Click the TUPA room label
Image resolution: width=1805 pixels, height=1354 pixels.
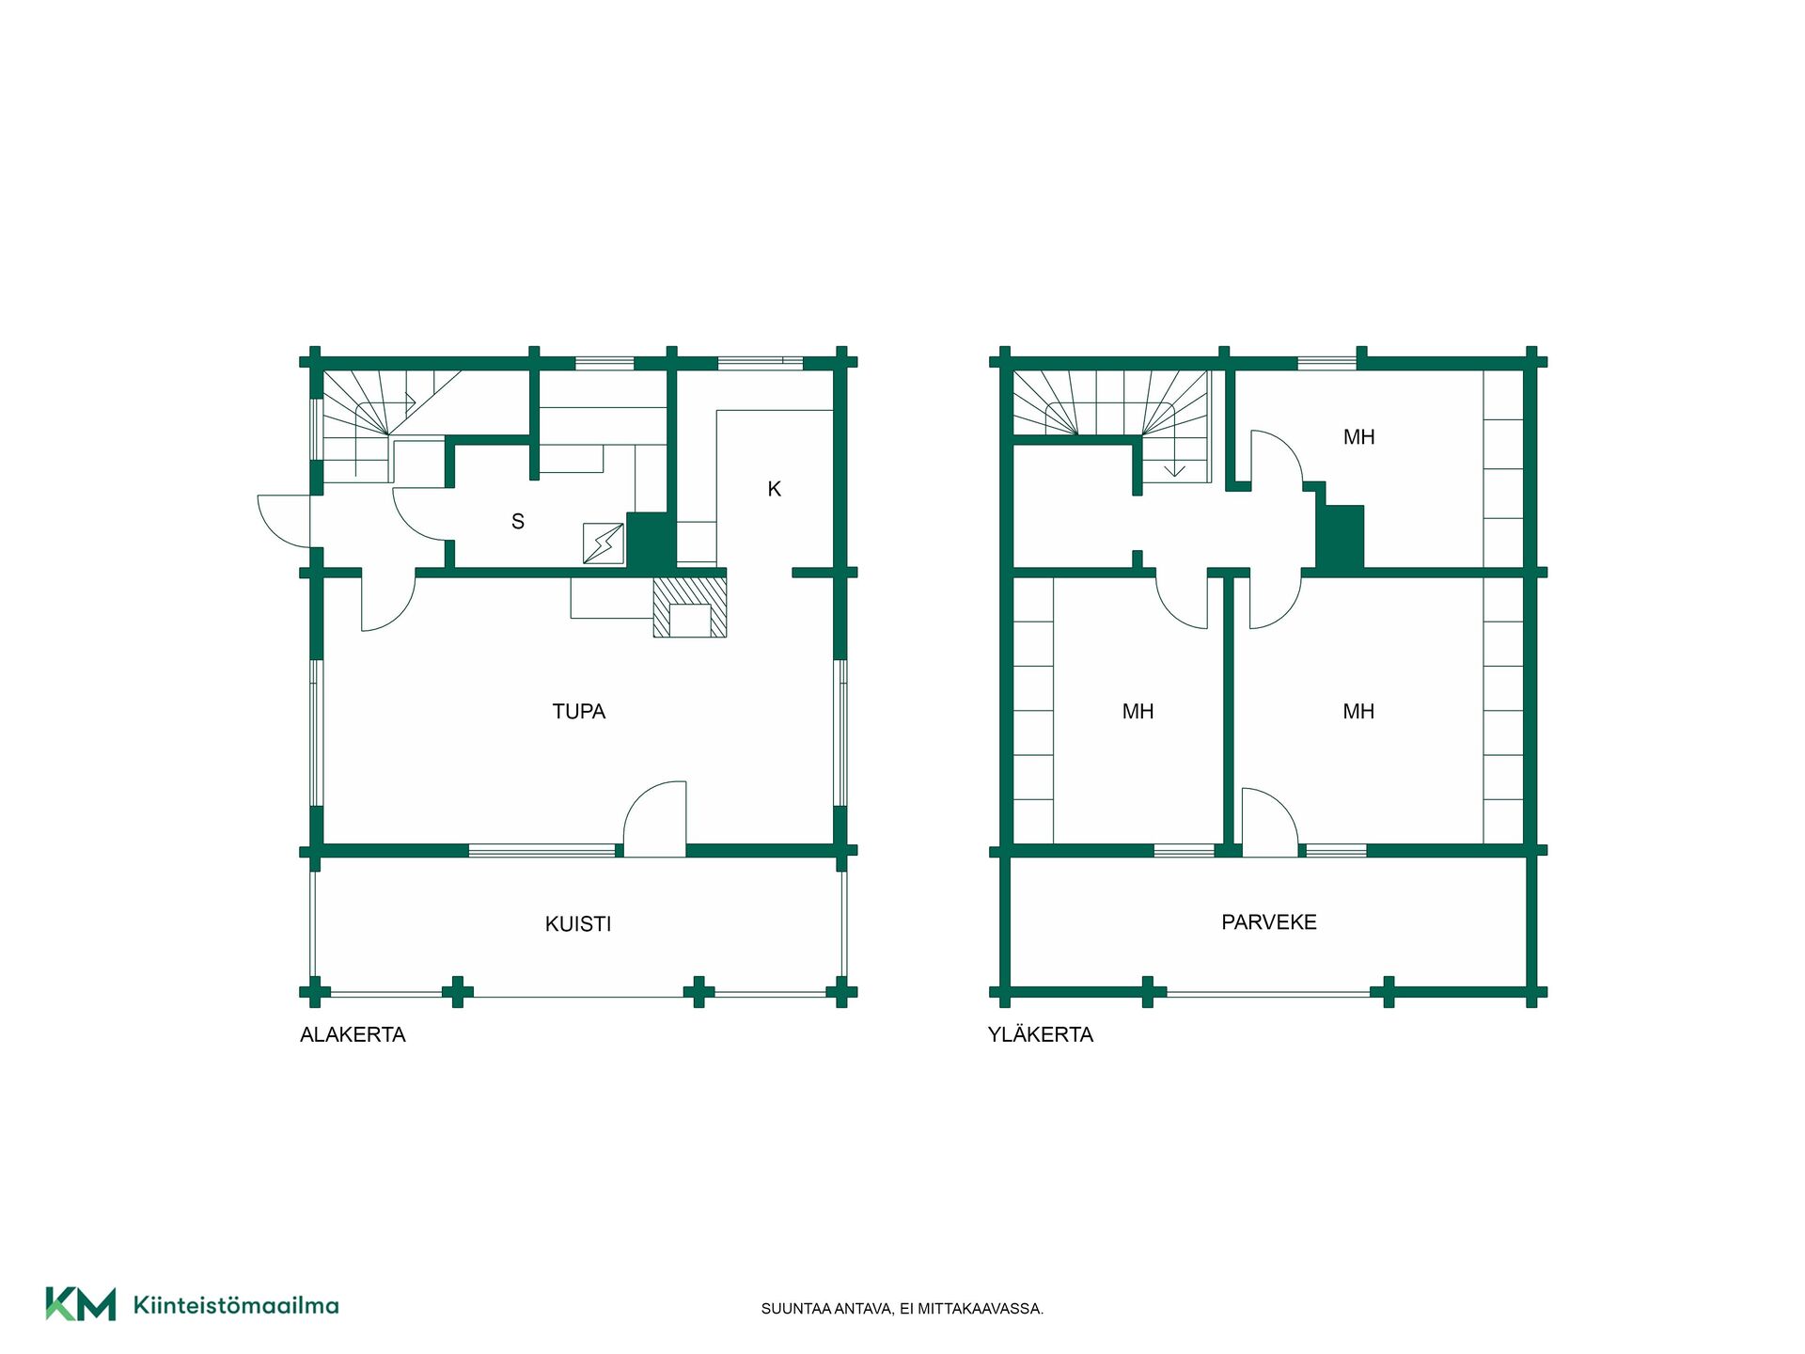578,712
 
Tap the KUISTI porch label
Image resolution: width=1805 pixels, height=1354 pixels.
578,924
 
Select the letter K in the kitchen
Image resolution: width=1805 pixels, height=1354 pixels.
775,489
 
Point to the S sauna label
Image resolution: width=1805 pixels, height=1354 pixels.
518,522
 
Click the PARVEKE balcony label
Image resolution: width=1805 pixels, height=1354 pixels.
1269,922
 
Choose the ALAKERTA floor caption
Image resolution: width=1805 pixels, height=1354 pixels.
353,1034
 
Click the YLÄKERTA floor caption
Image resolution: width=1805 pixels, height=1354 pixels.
1041,1033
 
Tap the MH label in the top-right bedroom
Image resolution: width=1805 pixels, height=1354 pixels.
1358,437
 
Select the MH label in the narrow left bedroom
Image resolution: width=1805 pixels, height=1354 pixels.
1138,712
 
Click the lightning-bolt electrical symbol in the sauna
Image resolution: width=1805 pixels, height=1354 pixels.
604,543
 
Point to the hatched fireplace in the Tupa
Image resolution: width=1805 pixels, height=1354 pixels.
690,606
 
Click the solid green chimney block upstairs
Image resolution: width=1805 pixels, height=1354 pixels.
1340,537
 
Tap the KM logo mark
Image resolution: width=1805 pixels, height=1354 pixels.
81,1304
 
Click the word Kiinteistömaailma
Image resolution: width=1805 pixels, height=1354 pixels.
236,1305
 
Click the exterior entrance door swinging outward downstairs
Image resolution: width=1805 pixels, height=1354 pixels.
284,521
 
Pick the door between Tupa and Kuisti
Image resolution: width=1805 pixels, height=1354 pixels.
655,818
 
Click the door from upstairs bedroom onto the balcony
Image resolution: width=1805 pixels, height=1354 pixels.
1270,822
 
